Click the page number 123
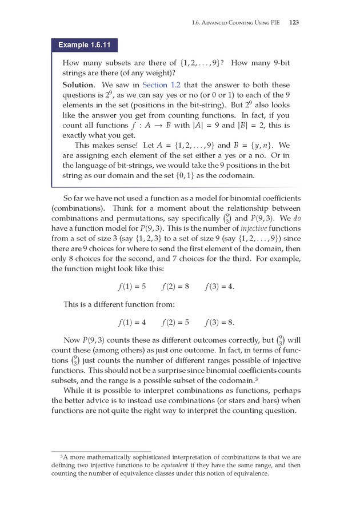[295, 23]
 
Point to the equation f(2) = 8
[175, 286]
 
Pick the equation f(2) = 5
[175, 322]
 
